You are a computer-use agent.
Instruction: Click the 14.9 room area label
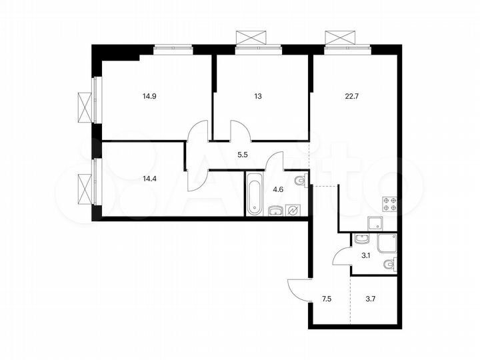pos(149,96)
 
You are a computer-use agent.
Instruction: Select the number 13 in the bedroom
pos(258,96)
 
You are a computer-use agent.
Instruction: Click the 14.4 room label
pos(149,179)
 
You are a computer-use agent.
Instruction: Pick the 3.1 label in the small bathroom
pos(365,255)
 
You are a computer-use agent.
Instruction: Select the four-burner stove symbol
pos(389,205)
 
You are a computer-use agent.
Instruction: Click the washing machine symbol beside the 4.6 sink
pos(293,211)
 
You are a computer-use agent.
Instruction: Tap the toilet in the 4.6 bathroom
pos(299,180)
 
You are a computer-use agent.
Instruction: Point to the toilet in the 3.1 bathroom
pos(389,265)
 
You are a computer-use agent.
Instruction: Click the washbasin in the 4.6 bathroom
pos(274,211)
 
